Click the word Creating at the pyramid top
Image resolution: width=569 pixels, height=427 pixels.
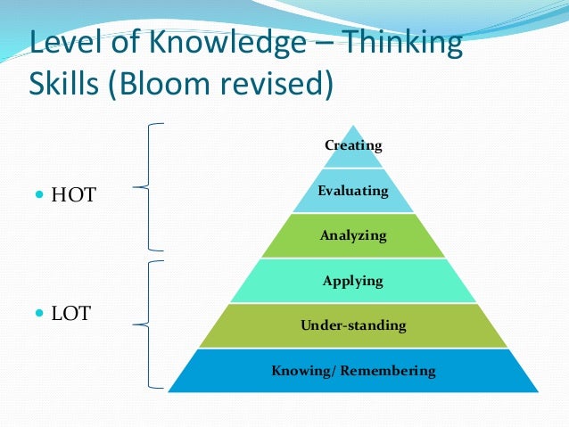point(353,145)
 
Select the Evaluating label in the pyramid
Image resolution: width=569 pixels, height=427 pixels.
point(353,191)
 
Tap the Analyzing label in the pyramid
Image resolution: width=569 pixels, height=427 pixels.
point(353,236)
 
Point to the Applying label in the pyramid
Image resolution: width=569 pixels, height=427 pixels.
point(353,281)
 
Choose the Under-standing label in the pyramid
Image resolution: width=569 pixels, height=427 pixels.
point(353,325)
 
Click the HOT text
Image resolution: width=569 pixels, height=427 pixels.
point(73,194)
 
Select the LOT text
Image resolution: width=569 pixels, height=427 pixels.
point(70,314)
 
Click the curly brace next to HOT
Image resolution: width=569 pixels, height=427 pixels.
point(148,186)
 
